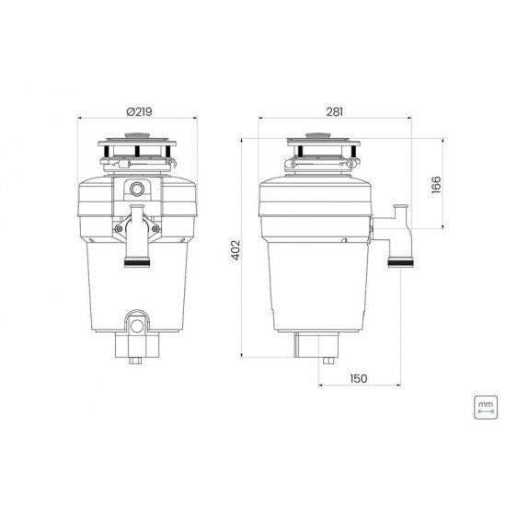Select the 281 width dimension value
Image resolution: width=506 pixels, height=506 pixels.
[334, 110]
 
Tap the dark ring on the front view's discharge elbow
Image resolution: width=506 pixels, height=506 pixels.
[136, 261]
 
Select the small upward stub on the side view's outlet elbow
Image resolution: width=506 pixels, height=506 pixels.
[398, 210]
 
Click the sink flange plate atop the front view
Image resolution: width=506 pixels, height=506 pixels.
[136, 148]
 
